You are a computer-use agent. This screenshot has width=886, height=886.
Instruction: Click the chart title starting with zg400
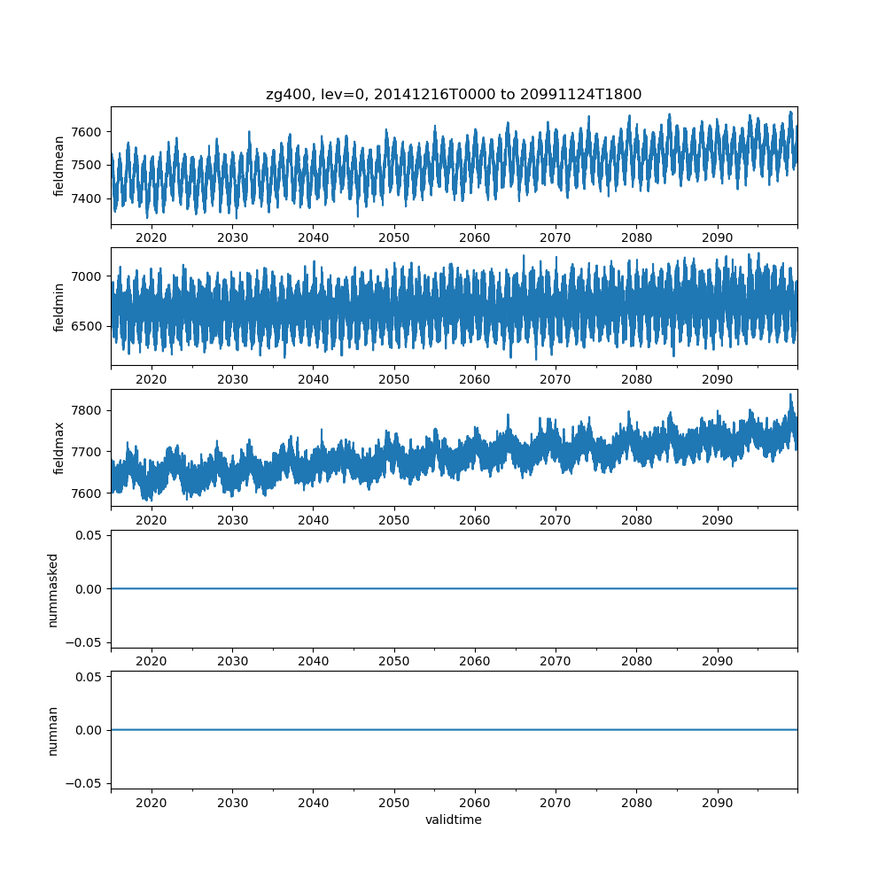[x=454, y=94]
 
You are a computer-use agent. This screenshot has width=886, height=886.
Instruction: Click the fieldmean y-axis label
[x=59, y=166]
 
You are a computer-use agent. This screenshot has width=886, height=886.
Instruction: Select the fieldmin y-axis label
[x=59, y=307]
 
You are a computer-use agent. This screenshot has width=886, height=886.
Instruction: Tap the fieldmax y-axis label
[x=59, y=448]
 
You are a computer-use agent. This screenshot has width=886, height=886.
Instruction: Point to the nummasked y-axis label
[x=53, y=589]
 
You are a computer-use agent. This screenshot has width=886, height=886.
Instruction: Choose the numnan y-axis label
[x=53, y=730]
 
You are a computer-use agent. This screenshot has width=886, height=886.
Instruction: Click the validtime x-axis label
[x=454, y=820]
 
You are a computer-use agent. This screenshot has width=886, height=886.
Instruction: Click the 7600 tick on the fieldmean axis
[x=87, y=132]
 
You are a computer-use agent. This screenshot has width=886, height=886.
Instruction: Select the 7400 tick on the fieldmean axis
[x=87, y=198]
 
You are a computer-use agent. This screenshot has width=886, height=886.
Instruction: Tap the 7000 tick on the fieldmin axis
[x=87, y=276]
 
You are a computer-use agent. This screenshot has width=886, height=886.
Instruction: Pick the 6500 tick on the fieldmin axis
[x=87, y=326]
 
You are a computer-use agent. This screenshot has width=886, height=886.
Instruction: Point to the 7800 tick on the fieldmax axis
[x=87, y=410]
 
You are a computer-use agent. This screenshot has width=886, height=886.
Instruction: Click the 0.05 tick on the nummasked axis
[x=85, y=535]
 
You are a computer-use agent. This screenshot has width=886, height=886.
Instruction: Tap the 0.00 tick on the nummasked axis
[x=85, y=589]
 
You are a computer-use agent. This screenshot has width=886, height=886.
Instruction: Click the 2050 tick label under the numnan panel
[x=394, y=803]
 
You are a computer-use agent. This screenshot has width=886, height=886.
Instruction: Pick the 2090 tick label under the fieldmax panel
[x=718, y=521]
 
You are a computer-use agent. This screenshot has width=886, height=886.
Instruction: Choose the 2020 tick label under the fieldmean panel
[x=152, y=238]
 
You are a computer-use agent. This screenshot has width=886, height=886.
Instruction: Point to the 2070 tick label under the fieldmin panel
[x=556, y=379]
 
